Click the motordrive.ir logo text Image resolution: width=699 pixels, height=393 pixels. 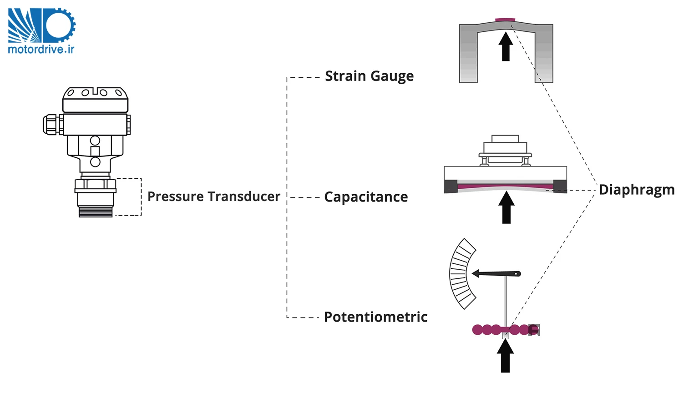point(41,49)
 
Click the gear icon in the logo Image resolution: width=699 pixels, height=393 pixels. point(59,25)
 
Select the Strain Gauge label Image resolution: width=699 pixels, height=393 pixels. point(369,76)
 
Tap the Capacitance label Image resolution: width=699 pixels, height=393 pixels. point(366,197)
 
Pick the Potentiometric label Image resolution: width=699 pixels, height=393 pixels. point(375,317)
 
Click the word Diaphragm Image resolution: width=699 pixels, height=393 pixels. point(636,190)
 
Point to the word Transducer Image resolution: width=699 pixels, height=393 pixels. point(245,196)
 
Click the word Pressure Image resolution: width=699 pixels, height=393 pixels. point(175,196)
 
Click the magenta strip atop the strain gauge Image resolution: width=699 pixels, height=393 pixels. point(505,20)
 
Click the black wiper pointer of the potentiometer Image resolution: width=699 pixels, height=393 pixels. point(496,274)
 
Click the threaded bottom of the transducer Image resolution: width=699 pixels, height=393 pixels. point(96,212)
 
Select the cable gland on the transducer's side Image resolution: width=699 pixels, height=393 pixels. point(51,124)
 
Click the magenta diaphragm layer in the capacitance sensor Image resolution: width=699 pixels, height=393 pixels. point(505,186)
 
